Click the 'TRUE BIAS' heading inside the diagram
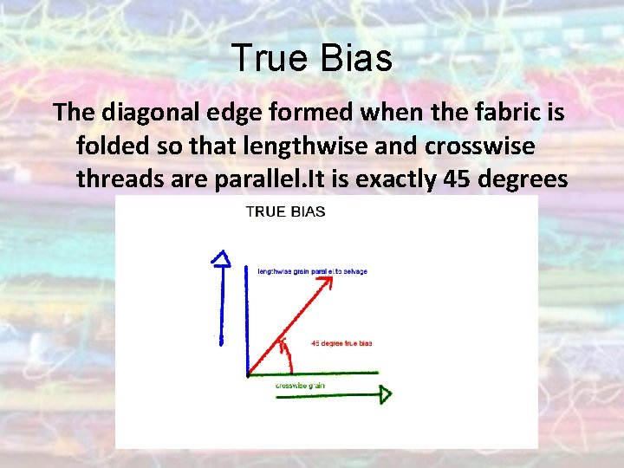click(286, 211)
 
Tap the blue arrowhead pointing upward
click(222, 257)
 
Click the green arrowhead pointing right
click(383, 394)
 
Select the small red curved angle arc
click(284, 348)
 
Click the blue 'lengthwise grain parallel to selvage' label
click(312, 271)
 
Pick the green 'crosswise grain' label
click(301, 385)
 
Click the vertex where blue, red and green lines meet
click(249, 374)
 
